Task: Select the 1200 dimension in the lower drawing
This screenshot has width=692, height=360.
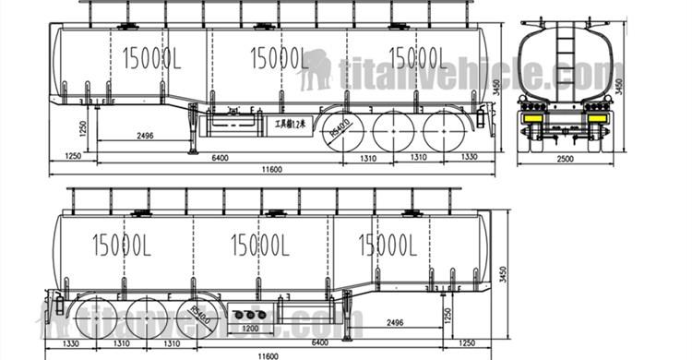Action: pyautogui.click(x=249, y=327)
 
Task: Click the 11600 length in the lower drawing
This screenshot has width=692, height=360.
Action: pyautogui.click(x=268, y=354)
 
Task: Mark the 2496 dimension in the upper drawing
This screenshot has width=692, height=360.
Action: pyautogui.click(x=144, y=136)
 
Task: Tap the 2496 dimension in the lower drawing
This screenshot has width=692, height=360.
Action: pyautogui.click(x=393, y=323)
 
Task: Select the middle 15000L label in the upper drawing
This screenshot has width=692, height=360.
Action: pyautogui.click(x=278, y=58)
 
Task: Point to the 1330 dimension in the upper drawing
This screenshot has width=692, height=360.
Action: pyautogui.click(x=469, y=158)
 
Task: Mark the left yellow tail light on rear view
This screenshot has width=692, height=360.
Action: pyautogui.click(x=532, y=117)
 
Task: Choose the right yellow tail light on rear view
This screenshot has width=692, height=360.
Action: pyautogui.click(x=597, y=117)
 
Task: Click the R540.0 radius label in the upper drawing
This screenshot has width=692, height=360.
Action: pyautogui.click(x=335, y=132)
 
